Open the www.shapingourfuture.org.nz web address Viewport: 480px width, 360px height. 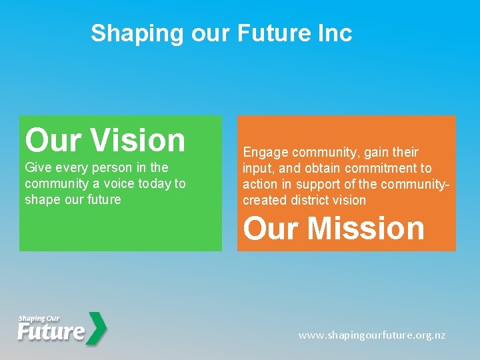coord(372,335)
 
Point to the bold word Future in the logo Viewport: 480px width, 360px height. coord(51,331)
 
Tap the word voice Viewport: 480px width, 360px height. coord(112,183)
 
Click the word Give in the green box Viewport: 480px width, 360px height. coord(38,167)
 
